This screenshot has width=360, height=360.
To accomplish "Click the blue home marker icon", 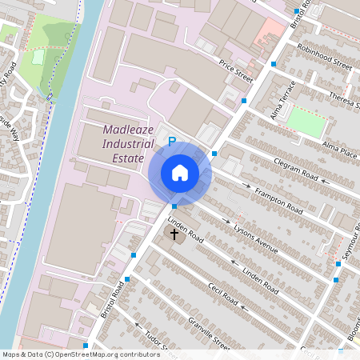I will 180,173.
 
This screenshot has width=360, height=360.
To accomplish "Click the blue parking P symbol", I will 171,141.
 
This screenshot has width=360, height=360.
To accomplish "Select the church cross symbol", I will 174,234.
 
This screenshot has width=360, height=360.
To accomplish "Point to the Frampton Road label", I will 277,201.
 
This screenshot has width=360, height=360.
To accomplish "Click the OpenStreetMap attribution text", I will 81,354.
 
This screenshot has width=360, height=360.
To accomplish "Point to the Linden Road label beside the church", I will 186,228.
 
